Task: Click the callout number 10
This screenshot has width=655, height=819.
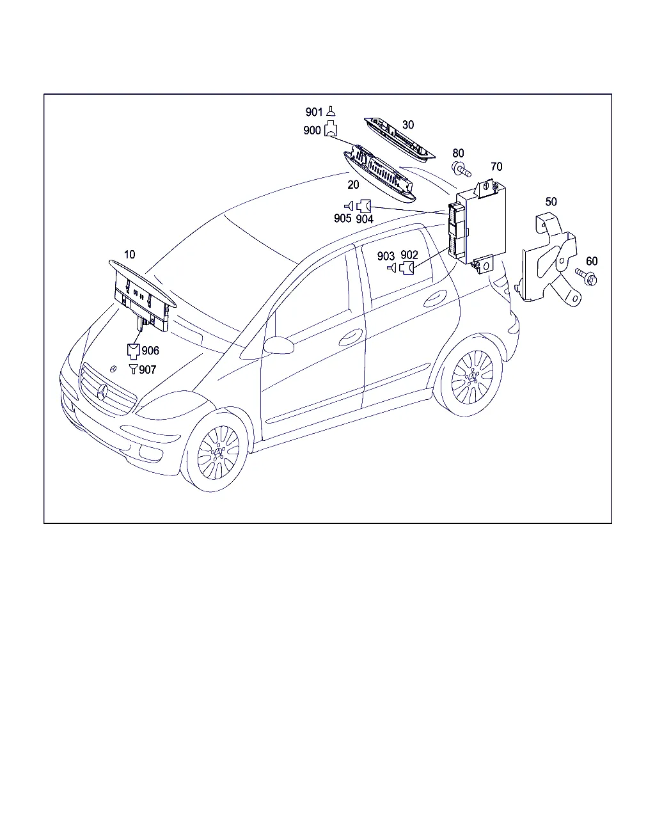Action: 129,255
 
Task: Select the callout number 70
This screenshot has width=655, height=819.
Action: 496,167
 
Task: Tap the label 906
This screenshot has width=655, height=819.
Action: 150,351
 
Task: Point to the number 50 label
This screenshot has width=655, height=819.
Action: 551,202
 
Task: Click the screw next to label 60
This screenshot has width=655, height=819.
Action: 587,278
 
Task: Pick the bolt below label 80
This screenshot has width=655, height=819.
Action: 461,169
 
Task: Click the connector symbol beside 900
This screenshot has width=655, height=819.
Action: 331,128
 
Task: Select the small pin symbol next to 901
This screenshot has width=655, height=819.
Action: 331,111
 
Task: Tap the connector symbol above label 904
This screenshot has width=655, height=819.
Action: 364,206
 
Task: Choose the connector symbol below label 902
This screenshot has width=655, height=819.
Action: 407,268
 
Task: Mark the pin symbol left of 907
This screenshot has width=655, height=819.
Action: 133,369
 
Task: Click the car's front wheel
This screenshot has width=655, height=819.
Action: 218,452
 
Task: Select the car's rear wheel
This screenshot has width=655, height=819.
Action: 472,376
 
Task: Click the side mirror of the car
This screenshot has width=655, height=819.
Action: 279,345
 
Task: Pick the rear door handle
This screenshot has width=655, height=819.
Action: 435,299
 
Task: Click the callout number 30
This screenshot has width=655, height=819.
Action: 407,125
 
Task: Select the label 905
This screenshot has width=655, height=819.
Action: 343,218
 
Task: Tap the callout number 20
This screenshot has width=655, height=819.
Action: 353,185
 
